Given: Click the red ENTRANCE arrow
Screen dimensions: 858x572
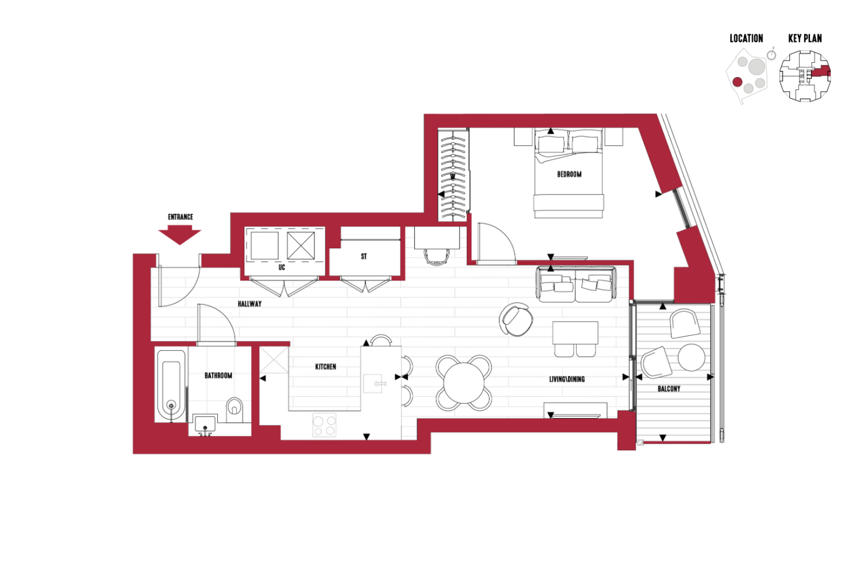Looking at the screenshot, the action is (x=180, y=235).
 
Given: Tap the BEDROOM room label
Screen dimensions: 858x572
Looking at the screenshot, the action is (x=569, y=174).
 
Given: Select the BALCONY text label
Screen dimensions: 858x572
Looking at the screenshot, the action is (x=669, y=389).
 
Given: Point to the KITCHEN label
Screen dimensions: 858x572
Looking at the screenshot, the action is (x=325, y=367).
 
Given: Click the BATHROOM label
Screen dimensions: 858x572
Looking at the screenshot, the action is (x=219, y=375).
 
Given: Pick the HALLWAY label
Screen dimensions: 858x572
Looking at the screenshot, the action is (x=250, y=304).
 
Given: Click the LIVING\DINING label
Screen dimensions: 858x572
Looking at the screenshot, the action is (x=567, y=379).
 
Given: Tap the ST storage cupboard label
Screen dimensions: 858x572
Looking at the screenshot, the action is (x=364, y=256).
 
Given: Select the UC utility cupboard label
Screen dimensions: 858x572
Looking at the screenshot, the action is (x=282, y=268).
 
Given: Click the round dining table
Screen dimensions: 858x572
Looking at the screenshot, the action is (x=464, y=383).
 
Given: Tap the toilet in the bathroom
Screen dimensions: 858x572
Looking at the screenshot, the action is (x=235, y=409).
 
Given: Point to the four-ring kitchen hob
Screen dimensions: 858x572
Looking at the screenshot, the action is (x=324, y=425).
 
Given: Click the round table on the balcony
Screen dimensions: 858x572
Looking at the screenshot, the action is (x=692, y=357).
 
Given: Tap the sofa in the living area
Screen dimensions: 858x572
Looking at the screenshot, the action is (x=576, y=284).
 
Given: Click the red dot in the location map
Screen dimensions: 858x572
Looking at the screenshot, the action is (x=737, y=82).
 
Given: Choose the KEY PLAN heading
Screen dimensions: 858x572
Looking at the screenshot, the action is (x=805, y=38).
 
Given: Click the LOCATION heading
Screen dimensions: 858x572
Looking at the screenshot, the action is (x=746, y=38).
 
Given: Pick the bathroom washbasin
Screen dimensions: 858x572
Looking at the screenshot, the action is (x=205, y=424).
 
